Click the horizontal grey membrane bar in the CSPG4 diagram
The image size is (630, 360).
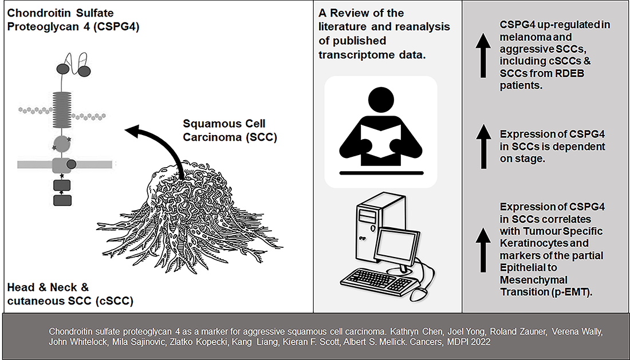pos(34,164)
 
